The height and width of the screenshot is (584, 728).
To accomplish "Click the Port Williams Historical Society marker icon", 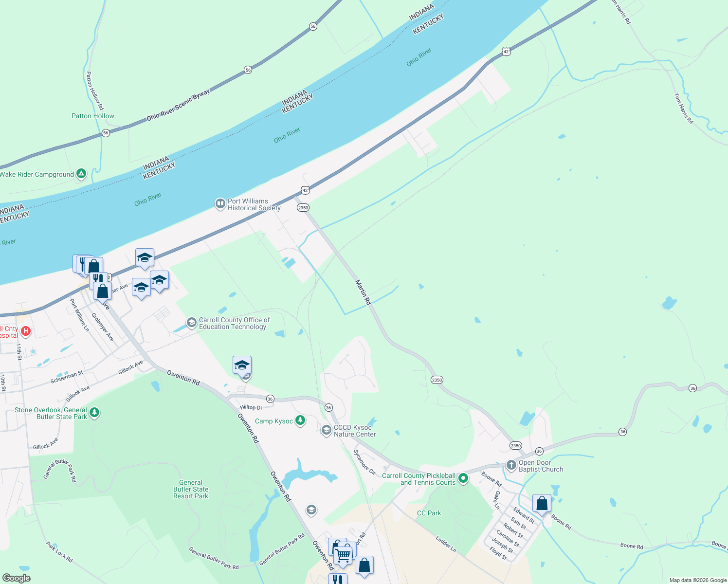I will pos(220,203).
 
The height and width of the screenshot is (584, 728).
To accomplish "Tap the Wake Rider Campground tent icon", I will pos(81,174).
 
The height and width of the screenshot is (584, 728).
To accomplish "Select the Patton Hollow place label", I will pos(92,116).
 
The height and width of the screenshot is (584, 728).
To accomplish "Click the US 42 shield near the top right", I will pos(507,52).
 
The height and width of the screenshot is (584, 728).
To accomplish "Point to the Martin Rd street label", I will pos(363,292).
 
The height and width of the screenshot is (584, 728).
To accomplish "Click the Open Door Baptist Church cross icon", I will pos(511,465).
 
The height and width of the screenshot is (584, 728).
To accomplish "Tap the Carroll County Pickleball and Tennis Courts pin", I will pos(463,478).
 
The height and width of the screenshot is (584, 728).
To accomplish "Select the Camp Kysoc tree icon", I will pos(300,420).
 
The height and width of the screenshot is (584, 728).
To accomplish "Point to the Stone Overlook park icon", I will pos(94,413).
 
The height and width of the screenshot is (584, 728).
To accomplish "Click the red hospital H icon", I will pos(26,332).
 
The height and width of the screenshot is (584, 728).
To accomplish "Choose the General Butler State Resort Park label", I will pos(191,489).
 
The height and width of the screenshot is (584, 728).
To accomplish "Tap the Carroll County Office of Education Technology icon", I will pos(192,322).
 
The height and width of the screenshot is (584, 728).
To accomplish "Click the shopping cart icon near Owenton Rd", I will pos(343,554).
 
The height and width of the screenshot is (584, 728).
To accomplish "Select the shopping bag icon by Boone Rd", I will pos(542,503).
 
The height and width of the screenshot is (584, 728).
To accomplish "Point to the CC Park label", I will pos(429,513).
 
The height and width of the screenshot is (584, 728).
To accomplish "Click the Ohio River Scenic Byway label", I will pos(179,105).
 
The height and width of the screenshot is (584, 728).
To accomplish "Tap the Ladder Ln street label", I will pos(446,544).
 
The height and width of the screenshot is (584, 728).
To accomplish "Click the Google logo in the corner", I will pos(17,578).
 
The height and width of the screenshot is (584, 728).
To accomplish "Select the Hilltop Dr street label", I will pos(251,407).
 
